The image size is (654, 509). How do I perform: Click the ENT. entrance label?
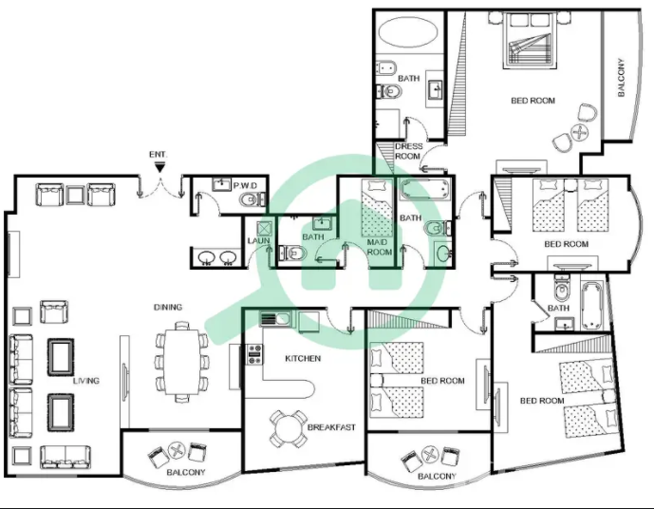[x=159, y=155]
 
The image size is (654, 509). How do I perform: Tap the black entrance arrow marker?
[x=159, y=168]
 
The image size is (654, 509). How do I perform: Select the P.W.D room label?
[x=245, y=186]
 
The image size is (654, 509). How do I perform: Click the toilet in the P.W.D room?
[x=252, y=199]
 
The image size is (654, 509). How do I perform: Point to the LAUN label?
[x=258, y=241]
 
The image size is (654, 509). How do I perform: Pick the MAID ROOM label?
[x=380, y=247]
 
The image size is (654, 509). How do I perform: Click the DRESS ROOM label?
[x=408, y=151]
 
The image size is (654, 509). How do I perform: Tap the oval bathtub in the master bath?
[x=409, y=31]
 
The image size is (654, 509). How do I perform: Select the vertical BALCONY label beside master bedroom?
[x=622, y=78]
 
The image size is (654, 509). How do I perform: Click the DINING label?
[x=168, y=307]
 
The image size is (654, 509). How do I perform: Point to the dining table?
[x=181, y=362]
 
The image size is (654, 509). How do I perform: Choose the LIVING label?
[x=86, y=381]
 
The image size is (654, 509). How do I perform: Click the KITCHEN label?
[x=303, y=358]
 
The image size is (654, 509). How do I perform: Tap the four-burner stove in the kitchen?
[x=254, y=354]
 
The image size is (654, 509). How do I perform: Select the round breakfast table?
[x=287, y=428]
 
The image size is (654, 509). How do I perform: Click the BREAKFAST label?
[x=331, y=427]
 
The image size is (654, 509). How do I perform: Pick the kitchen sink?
[x=275, y=319]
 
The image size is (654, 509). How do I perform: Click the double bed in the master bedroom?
[x=530, y=41]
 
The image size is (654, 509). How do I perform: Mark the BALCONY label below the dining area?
[x=186, y=472]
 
